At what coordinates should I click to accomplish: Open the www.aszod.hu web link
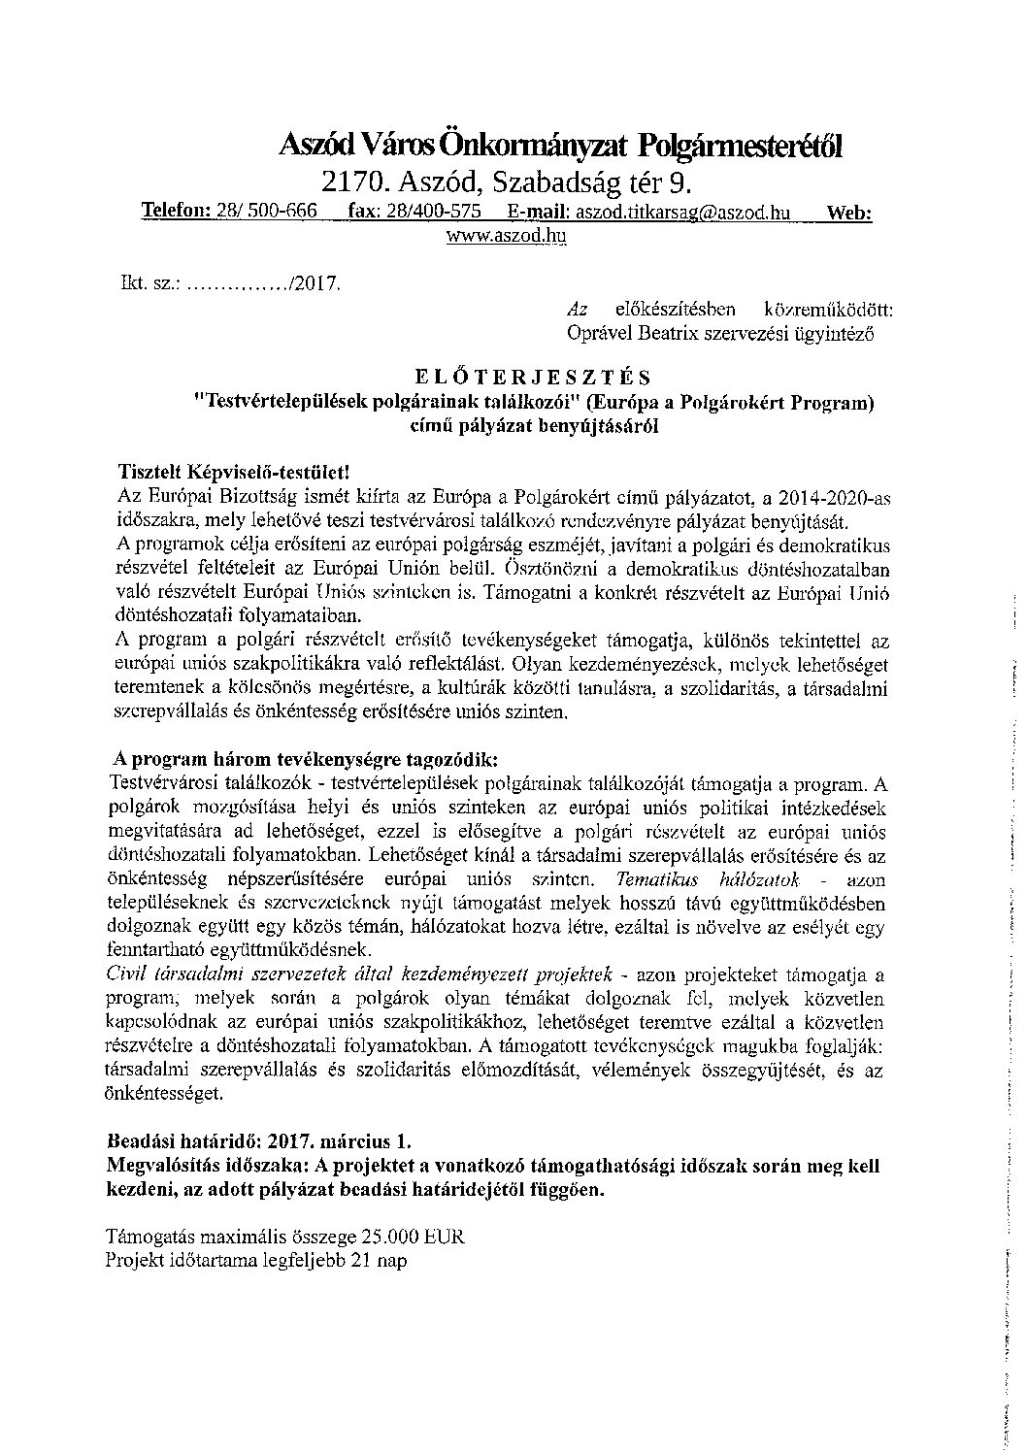click(506, 235)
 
